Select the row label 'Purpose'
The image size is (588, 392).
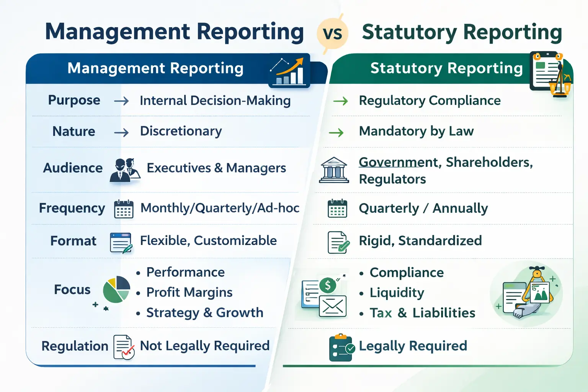pos(74,100)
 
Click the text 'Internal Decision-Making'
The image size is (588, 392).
pos(215,101)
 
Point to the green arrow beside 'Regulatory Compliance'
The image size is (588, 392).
pos(340,101)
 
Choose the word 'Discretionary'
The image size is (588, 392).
pos(181,131)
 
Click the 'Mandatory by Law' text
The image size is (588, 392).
pos(416,131)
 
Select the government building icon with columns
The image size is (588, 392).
pos(334,170)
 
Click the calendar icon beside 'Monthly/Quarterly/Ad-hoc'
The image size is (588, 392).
pos(124,209)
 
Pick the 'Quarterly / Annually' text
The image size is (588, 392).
pos(423,209)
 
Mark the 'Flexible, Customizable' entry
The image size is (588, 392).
pos(208,241)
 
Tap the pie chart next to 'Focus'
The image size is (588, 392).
pos(116,289)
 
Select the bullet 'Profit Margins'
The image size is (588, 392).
pos(189,292)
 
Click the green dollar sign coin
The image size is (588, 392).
pos(328,285)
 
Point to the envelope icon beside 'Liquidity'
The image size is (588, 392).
pos(333,306)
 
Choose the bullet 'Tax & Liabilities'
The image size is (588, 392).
pos(422,313)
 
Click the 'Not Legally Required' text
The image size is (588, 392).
pos(205,346)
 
